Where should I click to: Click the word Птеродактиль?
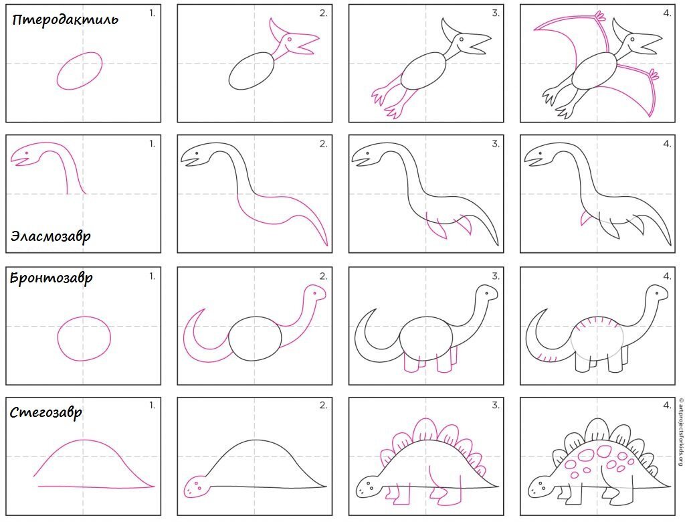[65, 19]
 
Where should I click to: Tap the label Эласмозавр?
[51, 236]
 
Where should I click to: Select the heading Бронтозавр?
[51, 278]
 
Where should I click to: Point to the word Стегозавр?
[46, 412]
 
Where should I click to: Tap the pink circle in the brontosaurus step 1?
[58, 339]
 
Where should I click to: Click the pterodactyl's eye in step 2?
[289, 39]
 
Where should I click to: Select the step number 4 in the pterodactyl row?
[667, 13]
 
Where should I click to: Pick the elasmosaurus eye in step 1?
[27, 153]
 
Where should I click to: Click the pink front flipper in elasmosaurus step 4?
[585, 218]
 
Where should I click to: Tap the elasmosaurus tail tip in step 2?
[326, 245]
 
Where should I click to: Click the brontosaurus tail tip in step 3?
[375, 310]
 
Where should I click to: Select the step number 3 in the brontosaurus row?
[496, 276]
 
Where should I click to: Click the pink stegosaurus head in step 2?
[195, 486]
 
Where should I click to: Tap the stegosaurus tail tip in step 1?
[153, 486]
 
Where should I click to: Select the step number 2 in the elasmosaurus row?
[323, 144]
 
